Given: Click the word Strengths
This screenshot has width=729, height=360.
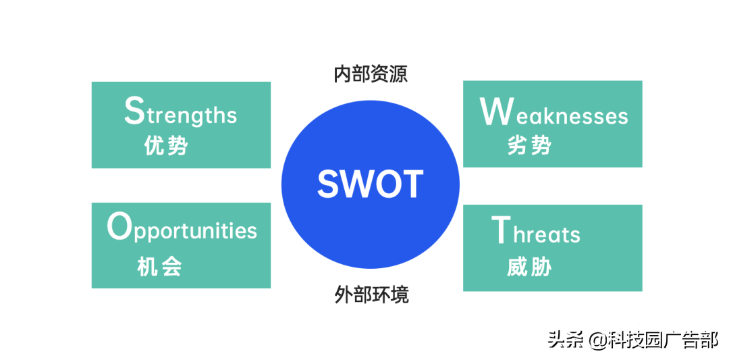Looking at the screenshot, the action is pyautogui.click(x=180, y=110).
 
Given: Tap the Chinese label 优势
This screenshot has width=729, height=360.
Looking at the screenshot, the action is pyautogui.click(x=166, y=146).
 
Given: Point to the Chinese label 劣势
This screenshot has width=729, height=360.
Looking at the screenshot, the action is pyautogui.click(x=530, y=146).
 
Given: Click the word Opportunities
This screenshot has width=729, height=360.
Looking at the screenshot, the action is pyautogui.click(x=182, y=228).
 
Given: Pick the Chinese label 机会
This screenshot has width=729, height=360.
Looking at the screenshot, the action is pyautogui.click(x=159, y=267).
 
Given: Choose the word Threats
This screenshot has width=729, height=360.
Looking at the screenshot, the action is pyautogui.click(x=535, y=230).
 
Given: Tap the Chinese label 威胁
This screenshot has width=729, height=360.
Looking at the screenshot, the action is pyautogui.click(x=530, y=267).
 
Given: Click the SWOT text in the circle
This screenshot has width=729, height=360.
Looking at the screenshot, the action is pyautogui.click(x=371, y=184).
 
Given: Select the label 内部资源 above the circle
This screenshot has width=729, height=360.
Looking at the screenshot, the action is pyautogui.click(x=371, y=74).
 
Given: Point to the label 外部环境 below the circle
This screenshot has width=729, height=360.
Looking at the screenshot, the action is pyautogui.click(x=371, y=294).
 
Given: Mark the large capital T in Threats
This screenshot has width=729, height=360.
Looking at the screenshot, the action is pyautogui.click(x=500, y=230).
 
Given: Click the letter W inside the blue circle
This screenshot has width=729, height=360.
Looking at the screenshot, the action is pyautogui.click(x=357, y=184).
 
